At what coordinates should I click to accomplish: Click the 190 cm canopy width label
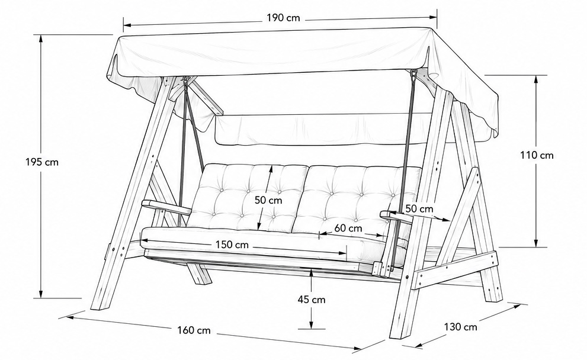(283, 18)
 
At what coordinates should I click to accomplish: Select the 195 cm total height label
(42, 162)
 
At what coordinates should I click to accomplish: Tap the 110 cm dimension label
(537, 155)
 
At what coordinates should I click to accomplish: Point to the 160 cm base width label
(194, 330)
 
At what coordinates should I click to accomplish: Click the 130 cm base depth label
(460, 327)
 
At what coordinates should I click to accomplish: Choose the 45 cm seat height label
(312, 300)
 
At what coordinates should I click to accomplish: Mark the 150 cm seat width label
(232, 245)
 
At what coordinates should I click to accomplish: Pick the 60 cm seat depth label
(348, 228)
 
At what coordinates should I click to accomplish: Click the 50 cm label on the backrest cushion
(268, 200)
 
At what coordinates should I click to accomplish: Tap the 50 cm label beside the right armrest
(419, 209)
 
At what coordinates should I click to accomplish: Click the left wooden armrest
(166, 207)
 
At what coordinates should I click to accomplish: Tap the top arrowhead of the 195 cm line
(41, 38)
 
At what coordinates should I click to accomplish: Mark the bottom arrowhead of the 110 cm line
(536, 243)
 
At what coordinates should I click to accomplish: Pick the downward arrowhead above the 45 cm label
(312, 272)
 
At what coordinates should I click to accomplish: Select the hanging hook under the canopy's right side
(413, 75)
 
